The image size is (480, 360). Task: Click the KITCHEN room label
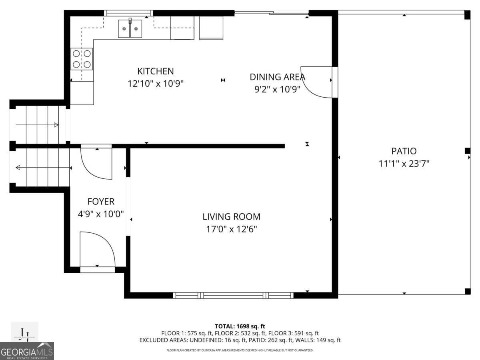point(156,71)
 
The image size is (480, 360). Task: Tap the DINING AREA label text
point(277,77)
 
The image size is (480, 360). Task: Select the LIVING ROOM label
point(231,217)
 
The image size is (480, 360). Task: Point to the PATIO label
point(404,151)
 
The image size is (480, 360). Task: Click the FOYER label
point(101,202)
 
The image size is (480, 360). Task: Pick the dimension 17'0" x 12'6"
point(231,229)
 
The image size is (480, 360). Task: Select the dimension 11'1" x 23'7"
point(404,164)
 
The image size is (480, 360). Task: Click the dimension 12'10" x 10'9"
point(156,84)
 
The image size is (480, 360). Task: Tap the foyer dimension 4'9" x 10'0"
point(101,214)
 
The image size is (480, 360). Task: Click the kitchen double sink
point(130,29)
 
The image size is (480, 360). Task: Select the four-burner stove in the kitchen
point(82,59)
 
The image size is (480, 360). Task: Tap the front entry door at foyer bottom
point(97,250)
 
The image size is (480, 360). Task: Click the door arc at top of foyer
point(96,163)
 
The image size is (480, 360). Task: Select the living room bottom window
point(234,296)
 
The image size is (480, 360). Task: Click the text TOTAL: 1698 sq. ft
point(240,326)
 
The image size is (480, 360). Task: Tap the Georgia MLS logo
point(27,351)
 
